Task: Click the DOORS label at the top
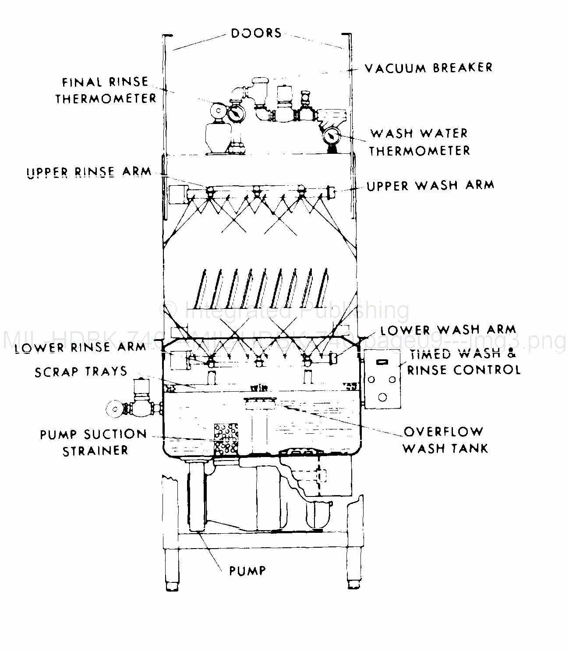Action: point(256,33)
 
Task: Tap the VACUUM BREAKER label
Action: point(428,68)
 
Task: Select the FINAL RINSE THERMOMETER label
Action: point(106,90)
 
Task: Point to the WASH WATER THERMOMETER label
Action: point(419,142)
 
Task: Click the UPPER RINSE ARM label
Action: point(89,171)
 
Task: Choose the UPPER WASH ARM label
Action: point(430,185)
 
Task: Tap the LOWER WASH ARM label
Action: point(448,330)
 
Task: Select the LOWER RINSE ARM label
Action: point(80,347)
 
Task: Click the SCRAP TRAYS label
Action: point(81,372)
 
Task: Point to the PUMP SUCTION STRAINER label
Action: point(93,442)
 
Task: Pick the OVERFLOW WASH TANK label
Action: point(445,439)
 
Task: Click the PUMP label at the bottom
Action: point(247,570)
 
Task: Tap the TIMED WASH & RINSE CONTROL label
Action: point(463,362)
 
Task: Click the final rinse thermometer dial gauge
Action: point(237,113)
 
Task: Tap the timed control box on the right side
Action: point(382,379)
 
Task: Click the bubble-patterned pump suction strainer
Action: point(226,439)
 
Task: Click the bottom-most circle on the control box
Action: point(382,397)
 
